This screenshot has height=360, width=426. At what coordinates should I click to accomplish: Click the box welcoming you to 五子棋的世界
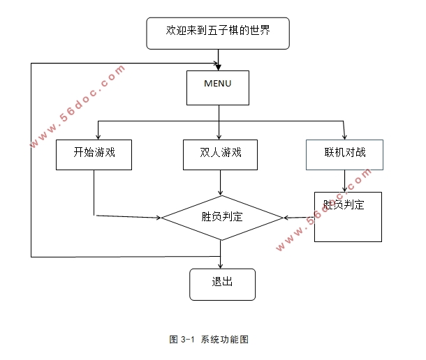pos(217,32)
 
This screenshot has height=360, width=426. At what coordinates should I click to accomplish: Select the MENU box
pos(217,87)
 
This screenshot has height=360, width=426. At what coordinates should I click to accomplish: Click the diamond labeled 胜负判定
pos(221,218)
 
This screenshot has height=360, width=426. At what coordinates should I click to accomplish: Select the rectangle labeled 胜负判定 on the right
pos(348,217)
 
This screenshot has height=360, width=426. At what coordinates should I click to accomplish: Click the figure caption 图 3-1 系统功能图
pos(210,340)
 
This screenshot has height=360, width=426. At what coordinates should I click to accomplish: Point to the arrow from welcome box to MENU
pos(219,59)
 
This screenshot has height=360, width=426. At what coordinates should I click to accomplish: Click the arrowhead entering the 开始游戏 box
pos(98,135)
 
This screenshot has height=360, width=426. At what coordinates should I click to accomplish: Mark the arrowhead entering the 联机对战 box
pos(345,135)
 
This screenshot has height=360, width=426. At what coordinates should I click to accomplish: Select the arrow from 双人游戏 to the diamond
pos(221,182)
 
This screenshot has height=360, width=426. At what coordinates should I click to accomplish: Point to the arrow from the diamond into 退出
pos(221,255)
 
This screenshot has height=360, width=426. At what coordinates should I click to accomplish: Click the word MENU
pos(217,84)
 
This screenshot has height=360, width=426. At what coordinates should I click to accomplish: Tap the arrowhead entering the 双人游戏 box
pos(221,135)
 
